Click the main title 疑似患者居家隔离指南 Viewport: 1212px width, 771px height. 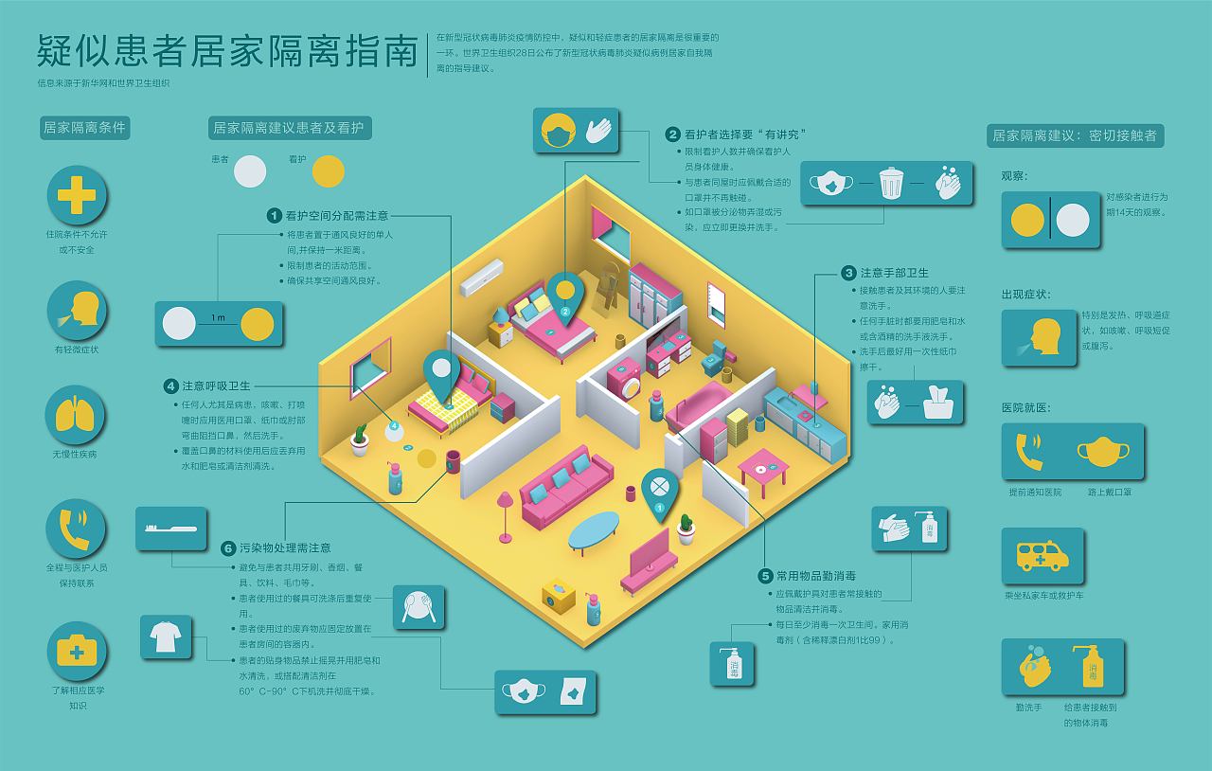(227, 52)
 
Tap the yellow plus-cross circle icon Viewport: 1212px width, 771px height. (77, 195)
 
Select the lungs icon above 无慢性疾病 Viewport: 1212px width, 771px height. (77, 415)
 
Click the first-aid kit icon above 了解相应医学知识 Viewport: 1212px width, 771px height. (77, 651)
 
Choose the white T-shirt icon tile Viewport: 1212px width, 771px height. (166, 637)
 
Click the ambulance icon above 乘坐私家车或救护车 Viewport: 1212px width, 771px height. (1043, 556)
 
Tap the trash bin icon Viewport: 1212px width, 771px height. (890, 182)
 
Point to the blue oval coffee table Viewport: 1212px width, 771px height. (594, 530)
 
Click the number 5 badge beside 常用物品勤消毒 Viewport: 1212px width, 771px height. (765, 575)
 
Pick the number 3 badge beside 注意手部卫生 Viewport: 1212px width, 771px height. (848, 273)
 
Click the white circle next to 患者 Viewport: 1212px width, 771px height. (250, 170)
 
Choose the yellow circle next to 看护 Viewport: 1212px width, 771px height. (329, 170)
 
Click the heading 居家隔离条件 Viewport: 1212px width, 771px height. (84, 128)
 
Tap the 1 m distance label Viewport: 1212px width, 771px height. (218, 317)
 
